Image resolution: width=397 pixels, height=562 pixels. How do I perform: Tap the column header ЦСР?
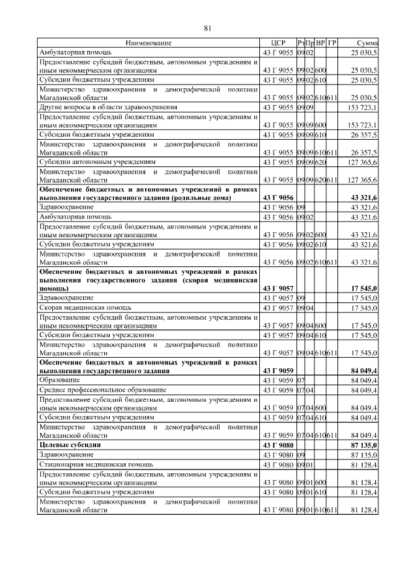pyautogui.click(x=278, y=43)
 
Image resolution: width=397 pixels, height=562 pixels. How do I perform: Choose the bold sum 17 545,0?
pyautogui.click(x=365, y=289)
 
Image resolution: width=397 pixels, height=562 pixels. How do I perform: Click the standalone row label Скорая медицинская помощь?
pyautogui.click(x=85, y=307)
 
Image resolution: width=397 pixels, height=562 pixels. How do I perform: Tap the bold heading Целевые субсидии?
pyautogui.click(x=70, y=445)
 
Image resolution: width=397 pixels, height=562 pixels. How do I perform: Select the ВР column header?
pyautogui.click(x=321, y=43)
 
